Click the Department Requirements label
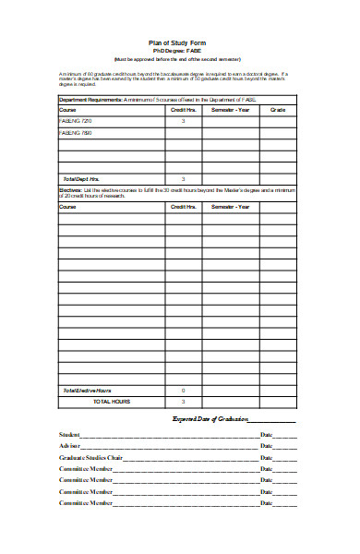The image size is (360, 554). (x=90, y=98)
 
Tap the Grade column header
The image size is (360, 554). (x=277, y=110)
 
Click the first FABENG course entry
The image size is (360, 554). (x=76, y=121)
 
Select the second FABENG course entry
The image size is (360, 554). (x=76, y=133)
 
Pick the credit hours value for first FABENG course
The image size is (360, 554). (x=183, y=121)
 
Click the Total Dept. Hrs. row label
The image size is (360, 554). (x=79, y=178)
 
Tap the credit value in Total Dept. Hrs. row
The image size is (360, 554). (x=183, y=178)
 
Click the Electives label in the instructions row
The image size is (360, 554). (x=70, y=188)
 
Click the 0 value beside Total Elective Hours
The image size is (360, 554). (x=183, y=391)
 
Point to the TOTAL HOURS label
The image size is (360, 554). (x=112, y=402)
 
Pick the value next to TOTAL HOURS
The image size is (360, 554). (x=183, y=402)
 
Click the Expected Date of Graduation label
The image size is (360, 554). (x=212, y=419)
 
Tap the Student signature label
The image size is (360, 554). (x=69, y=434)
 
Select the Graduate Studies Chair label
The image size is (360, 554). (x=90, y=457)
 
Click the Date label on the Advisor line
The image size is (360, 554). (x=267, y=446)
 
